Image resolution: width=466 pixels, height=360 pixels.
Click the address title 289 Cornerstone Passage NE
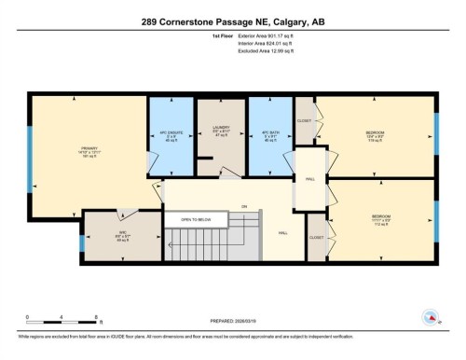point(233,21)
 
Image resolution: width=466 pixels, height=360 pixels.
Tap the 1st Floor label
point(197,37)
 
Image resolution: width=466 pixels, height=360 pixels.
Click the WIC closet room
point(109,234)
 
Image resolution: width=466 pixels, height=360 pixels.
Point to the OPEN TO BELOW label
point(197,220)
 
